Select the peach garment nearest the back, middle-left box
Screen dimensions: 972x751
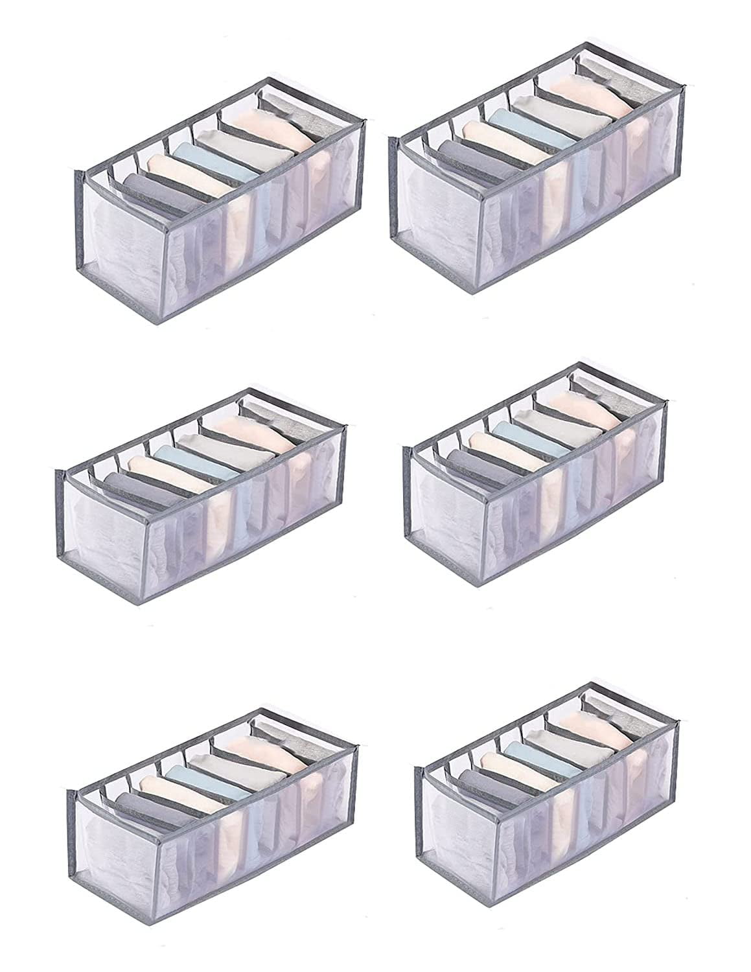pos(243,428)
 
